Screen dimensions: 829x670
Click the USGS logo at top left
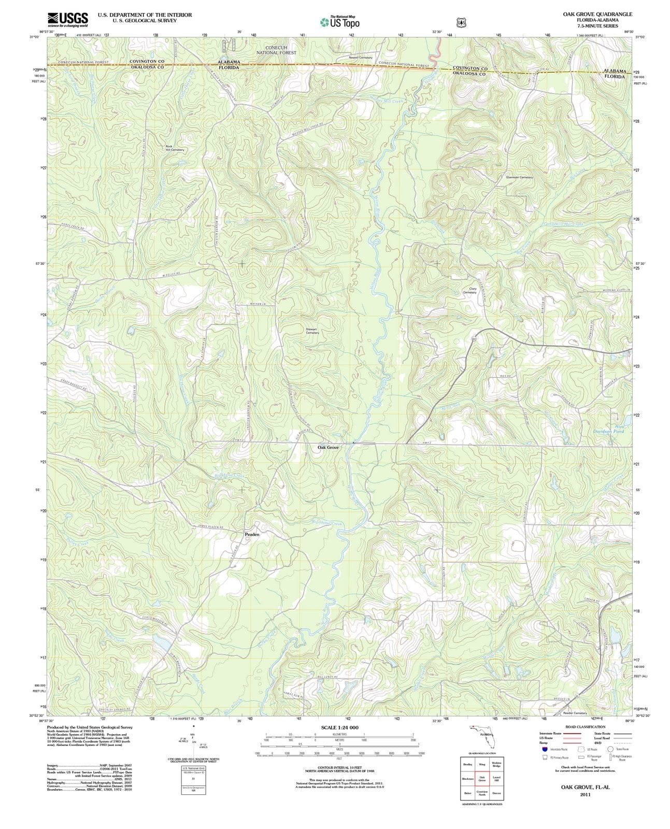click(x=67, y=19)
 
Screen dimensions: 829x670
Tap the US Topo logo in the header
click(x=340, y=22)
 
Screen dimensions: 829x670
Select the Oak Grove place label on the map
click(x=328, y=447)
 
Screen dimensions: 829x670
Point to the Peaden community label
click(x=252, y=534)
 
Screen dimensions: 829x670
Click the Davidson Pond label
click(x=612, y=431)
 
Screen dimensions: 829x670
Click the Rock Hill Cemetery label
click(x=174, y=148)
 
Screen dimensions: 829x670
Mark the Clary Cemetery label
click(x=469, y=291)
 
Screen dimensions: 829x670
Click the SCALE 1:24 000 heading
click(x=339, y=727)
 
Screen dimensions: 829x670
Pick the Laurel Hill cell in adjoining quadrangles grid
click(x=496, y=779)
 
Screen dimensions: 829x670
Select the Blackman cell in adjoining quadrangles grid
click(x=468, y=779)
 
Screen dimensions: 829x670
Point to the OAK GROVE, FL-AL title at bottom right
click(x=585, y=787)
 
